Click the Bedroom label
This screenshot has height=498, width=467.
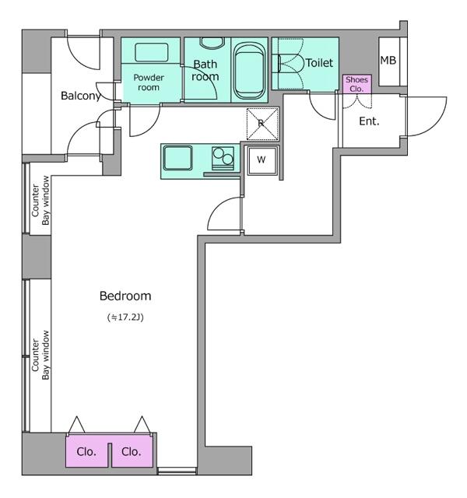coord(125,296)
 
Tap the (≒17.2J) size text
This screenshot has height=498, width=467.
coord(125,317)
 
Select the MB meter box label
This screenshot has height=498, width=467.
coord(388,60)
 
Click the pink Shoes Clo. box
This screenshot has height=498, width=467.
coord(356,84)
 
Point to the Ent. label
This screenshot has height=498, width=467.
coord(369,121)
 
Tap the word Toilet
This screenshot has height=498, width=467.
coord(319,63)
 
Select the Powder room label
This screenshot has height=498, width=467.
coord(149,82)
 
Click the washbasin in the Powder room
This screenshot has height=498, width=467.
coord(151,52)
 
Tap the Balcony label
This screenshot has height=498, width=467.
coord(81,96)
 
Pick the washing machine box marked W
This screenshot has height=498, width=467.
coord(262,160)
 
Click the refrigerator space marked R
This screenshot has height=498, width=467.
coord(262,124)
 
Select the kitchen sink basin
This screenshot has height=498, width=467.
coord(177,158)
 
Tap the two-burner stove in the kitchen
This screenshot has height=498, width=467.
coord(223,158)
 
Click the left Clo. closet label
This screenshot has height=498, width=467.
coord(86,451)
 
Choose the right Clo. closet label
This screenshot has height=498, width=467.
coord(132,451)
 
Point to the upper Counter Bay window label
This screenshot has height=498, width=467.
coord(40,200)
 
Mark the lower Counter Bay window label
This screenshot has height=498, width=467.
coord(40,355)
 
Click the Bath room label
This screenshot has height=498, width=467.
coord(205,70)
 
